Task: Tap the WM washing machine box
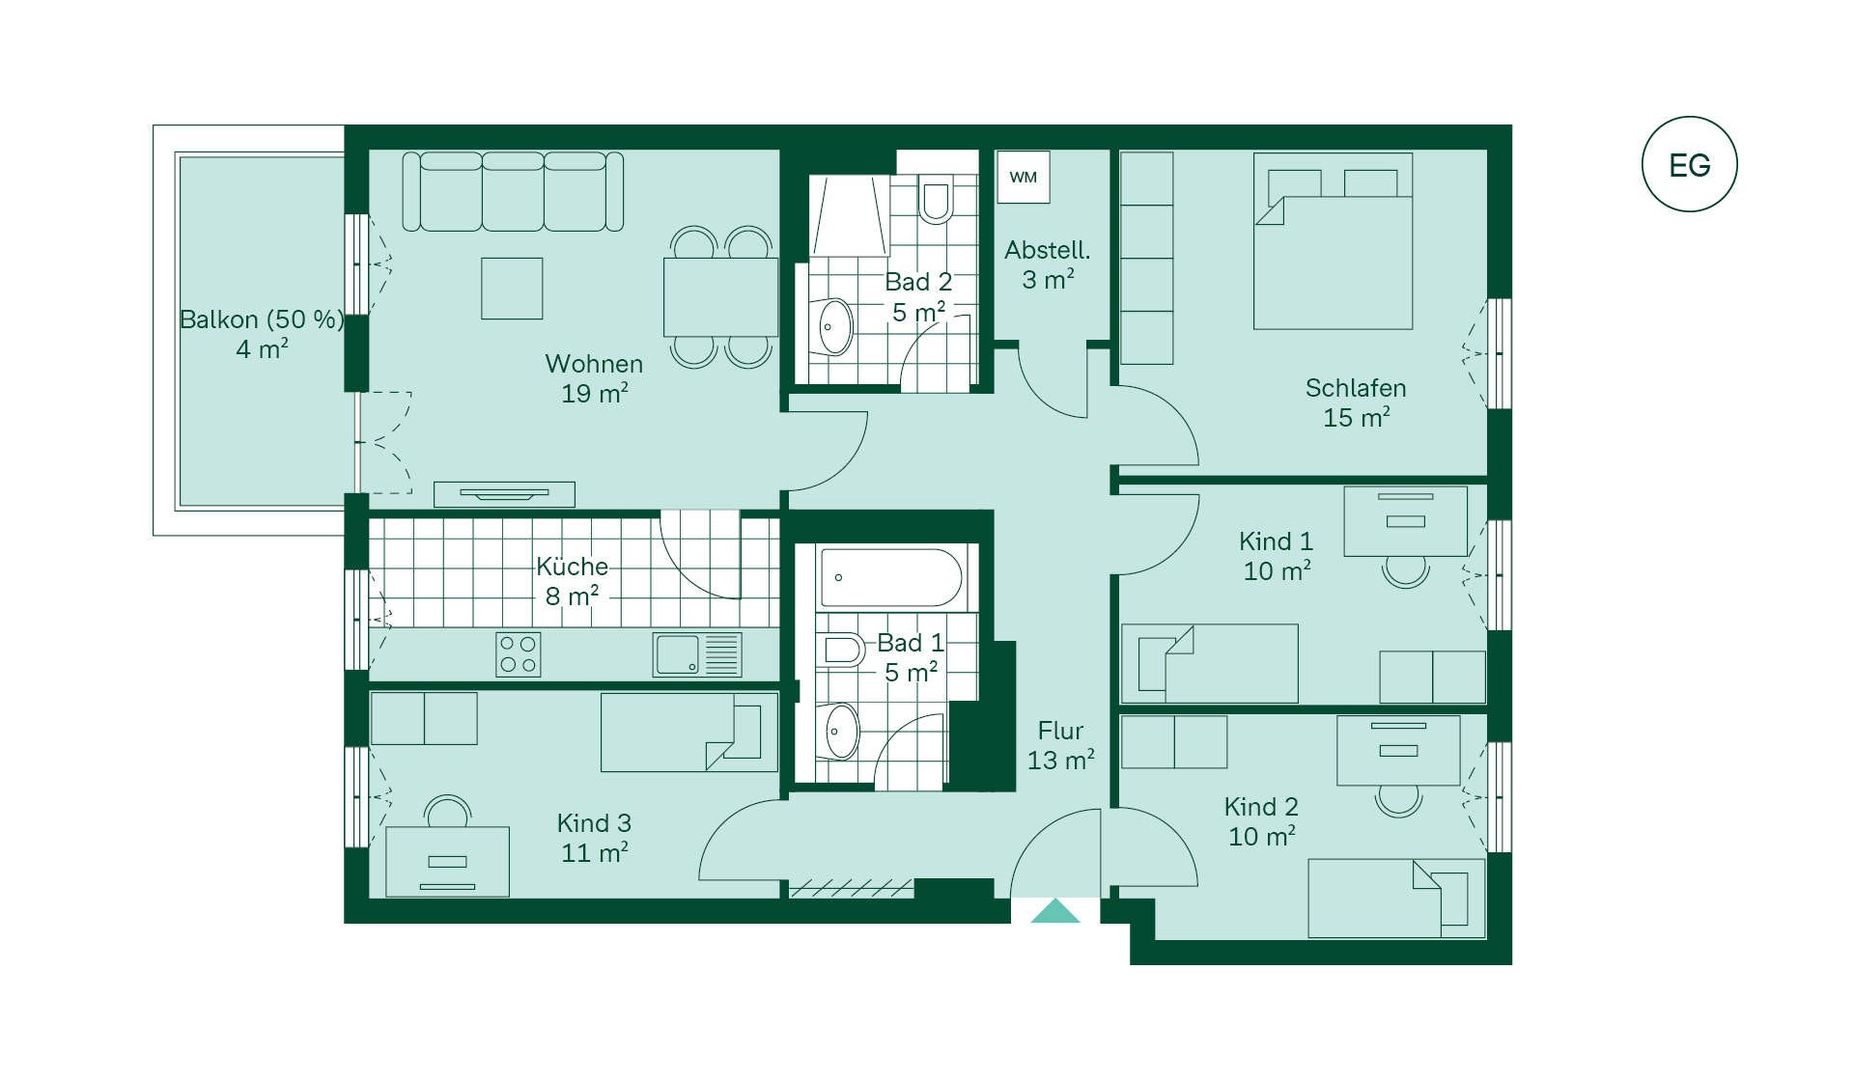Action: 1024,177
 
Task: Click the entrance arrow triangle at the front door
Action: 1055,911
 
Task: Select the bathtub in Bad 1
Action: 891,578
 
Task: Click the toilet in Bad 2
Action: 936,199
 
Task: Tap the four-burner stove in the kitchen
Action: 519,654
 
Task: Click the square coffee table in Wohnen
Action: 512,288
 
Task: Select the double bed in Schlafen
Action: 1333,240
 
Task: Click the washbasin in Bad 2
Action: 836,326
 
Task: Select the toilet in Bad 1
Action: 840,651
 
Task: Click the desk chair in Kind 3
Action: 447,812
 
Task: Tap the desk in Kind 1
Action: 1405,520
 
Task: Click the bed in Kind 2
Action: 1396,899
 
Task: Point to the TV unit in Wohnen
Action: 504,494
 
